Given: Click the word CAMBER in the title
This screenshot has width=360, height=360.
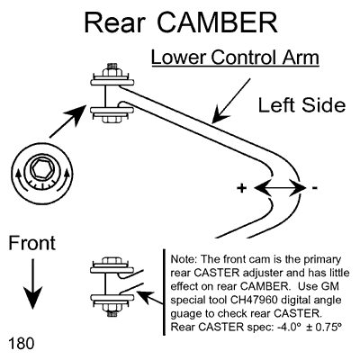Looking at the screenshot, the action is (218, 22).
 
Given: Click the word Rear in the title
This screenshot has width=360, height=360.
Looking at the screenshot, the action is (115, 22).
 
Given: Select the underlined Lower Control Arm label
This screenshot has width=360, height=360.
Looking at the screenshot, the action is (235, 57).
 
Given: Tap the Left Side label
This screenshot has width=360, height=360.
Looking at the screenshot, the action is (301, 105).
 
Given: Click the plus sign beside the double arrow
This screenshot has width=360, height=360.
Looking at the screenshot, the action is (241, 188).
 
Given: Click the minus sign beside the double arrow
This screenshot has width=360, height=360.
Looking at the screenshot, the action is (314, 188).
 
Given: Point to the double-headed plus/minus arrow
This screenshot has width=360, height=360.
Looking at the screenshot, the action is (280, 188).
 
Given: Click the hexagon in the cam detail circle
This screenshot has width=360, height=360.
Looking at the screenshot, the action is (40, 171).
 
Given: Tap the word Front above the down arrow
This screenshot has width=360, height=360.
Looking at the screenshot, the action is (32, 243).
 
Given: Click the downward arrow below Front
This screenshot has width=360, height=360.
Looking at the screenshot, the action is (32, 283).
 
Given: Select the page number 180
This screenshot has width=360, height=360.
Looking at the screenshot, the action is (22, 343).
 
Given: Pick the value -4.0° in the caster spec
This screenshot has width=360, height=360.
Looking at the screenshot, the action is (289, 327).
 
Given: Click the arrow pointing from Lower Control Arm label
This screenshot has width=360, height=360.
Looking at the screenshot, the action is (232, 101).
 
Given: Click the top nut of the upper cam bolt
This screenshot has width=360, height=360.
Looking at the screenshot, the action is (112, 71).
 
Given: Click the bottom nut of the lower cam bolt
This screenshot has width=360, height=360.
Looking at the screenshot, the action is (112, 309).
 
